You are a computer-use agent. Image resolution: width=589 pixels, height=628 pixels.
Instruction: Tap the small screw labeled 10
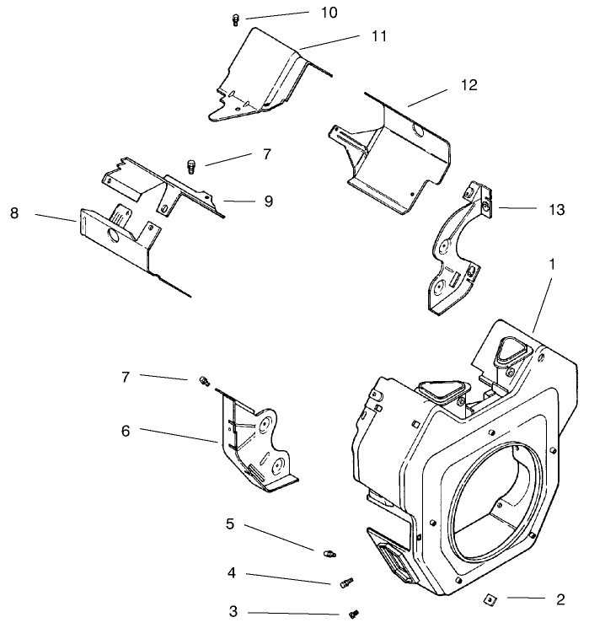(237, 21)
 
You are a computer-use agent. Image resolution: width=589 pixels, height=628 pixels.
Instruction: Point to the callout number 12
(469, 85)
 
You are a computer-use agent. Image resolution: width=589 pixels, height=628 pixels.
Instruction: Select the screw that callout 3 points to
(355, 615)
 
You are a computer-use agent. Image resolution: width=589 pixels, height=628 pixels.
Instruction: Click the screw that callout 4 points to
(344, 582)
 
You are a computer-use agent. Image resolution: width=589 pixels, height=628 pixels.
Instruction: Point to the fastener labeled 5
(330, 553)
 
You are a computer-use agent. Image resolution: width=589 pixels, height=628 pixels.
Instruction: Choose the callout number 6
(126, 430)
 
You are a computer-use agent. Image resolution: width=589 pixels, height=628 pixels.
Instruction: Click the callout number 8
(14, 214)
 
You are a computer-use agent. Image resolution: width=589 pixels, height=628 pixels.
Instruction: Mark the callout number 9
(268, 201)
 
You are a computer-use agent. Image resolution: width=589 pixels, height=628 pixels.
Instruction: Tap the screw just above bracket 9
(191, 166)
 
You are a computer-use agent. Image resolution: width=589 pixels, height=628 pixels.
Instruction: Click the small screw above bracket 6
(202, 381)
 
